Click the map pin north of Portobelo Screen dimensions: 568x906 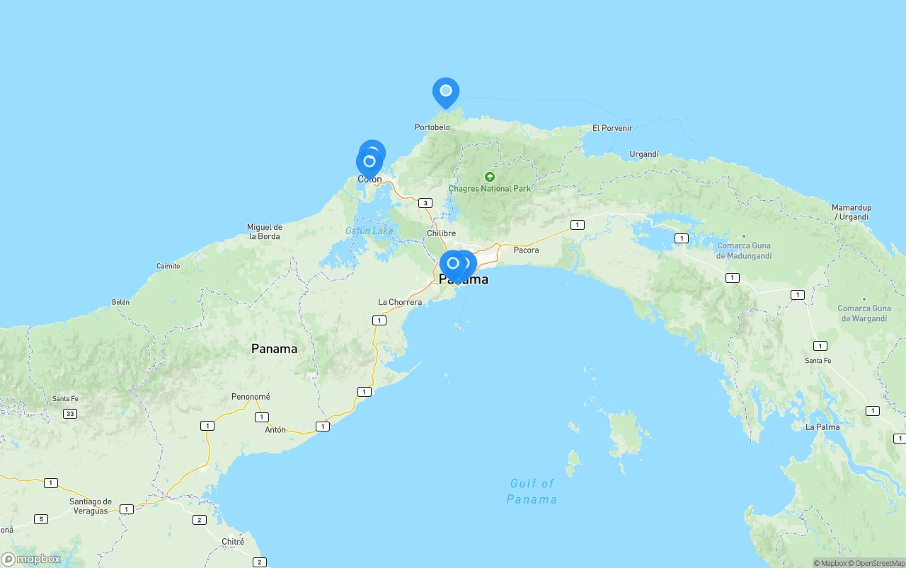pyautogui.click(x=446, y=91)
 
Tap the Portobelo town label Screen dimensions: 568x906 pyautogui.click(x=432, y=127)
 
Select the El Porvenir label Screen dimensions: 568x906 pyautogui.click(x=612, y=128)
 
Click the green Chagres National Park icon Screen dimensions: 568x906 pyautogui.click(x=489, y=177)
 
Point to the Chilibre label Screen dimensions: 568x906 pyautogui.click(x=441, y=233)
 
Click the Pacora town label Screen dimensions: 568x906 pyautogui.click(x=526, y=250)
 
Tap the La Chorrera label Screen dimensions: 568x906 pyautogui.click(x=400, y=302)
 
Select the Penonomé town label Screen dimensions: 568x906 pyautogui.click(x=251, y=397)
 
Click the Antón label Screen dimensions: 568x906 pyautogui.click(x=275, y=429)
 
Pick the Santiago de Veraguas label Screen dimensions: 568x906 pyautogui.click(x=90, y=506)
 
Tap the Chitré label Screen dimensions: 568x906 pyautogui.click(x=233, y=542)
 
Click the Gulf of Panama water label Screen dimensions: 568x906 pyautogui.click(x=532, y=491)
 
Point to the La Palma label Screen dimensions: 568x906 pyautogui.click(x=822, y=427)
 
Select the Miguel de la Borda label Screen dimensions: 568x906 pyautogui.click(x=264, y=231)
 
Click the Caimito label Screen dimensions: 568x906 pyautogui.click(x=168, y=266)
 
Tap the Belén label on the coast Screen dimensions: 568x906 pyautogui.click(x=120, y=302)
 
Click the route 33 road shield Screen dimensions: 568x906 pyautogui.click(x=69, y=413)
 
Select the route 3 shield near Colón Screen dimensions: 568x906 pyautogui.click(x=425, y=203)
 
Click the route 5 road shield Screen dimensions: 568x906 pyautogui.click(x=41, y=519)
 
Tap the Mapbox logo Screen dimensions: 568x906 pyautogui.click(x=31, y=560)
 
